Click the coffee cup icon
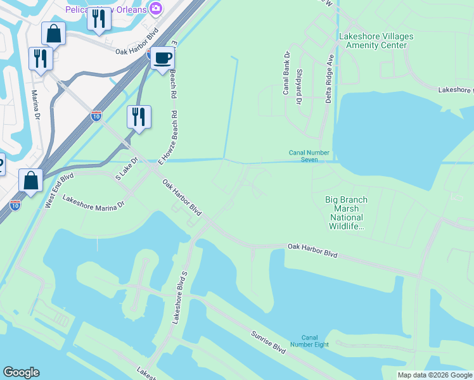pyautogui.click(x=162, y=58)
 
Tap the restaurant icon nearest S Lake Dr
pyautogui.click(x=138, y=117)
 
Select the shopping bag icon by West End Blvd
pyautogui.click(x=30, y=180)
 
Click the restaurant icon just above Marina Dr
pyautogui.click(x=41, y=58)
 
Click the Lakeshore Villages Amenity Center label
pyautogui.click(x=376, y=41)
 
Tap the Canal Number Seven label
pyautogui.click(x=309, y=156)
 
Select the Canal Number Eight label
pyautogui.click(x=309, y=341)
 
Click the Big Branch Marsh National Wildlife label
pyautogui.click(x=346, y=213)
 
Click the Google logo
pyautogui.click(x=21, y=372)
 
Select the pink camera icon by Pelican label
pyautogui.click(x=155, y=8)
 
